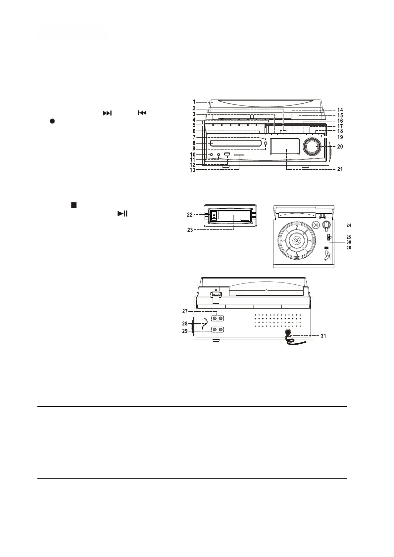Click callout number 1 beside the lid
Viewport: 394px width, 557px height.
[194, 102]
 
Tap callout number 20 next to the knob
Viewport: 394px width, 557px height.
[340, 147]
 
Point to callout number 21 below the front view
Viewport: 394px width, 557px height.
[340, 169]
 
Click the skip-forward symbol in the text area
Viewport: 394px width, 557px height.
[107, 113]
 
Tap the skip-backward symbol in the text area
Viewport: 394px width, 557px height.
[142, 113]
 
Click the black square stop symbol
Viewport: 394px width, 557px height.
[74, 205]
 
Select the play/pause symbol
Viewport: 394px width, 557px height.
[123, 214]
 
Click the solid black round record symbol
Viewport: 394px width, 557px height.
[52, 121]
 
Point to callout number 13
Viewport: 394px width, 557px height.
[192, 170]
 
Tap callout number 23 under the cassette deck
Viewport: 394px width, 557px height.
[190, 230]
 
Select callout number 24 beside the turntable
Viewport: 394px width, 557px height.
[349, 225]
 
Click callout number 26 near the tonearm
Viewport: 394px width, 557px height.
[349, 247]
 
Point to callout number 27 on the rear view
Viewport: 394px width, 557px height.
[185, 311]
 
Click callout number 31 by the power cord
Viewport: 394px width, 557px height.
[323, 336]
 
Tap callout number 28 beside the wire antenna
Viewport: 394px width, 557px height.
[185, 323]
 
